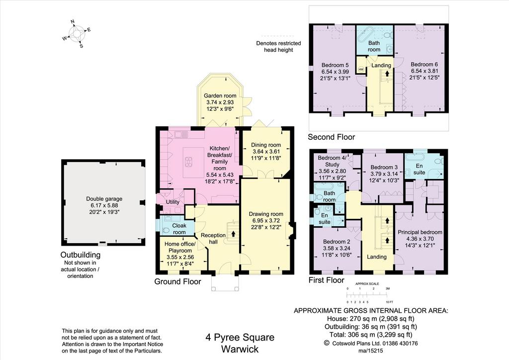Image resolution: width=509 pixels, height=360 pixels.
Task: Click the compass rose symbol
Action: click(x=77, y=34)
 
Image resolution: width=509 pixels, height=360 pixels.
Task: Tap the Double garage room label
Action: click(x=104, y=199)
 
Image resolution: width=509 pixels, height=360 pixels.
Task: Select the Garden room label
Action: click(x=220, y=96)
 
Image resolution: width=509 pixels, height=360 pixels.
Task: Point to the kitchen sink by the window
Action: click(x=179, y=134)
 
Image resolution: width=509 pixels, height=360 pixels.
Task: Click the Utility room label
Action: click(x=172, y=202)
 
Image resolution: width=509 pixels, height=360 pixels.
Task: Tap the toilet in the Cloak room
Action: click(x=166, y=231)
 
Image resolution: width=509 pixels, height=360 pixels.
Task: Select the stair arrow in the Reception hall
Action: click(x=234, y=233)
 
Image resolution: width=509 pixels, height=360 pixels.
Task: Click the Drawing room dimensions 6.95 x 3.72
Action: click(x=266, y=221)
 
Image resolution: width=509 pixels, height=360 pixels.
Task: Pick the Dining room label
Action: click(x=266, y=145)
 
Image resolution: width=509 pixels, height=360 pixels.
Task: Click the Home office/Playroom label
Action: click(x=180, y=247)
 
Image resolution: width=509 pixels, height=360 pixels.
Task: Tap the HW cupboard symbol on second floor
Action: click(x=361, y=70)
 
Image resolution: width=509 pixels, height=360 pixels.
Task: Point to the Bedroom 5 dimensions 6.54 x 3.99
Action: click(x=336, y=72)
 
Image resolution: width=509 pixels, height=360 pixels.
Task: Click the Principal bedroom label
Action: click(x=420, y=232)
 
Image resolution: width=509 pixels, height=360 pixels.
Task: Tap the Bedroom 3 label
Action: click(x=384, y=167)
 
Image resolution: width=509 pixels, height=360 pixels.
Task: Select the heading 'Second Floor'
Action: click(x=332, y=137)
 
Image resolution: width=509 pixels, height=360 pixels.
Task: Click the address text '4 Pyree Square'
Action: click(x=240, y=338)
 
